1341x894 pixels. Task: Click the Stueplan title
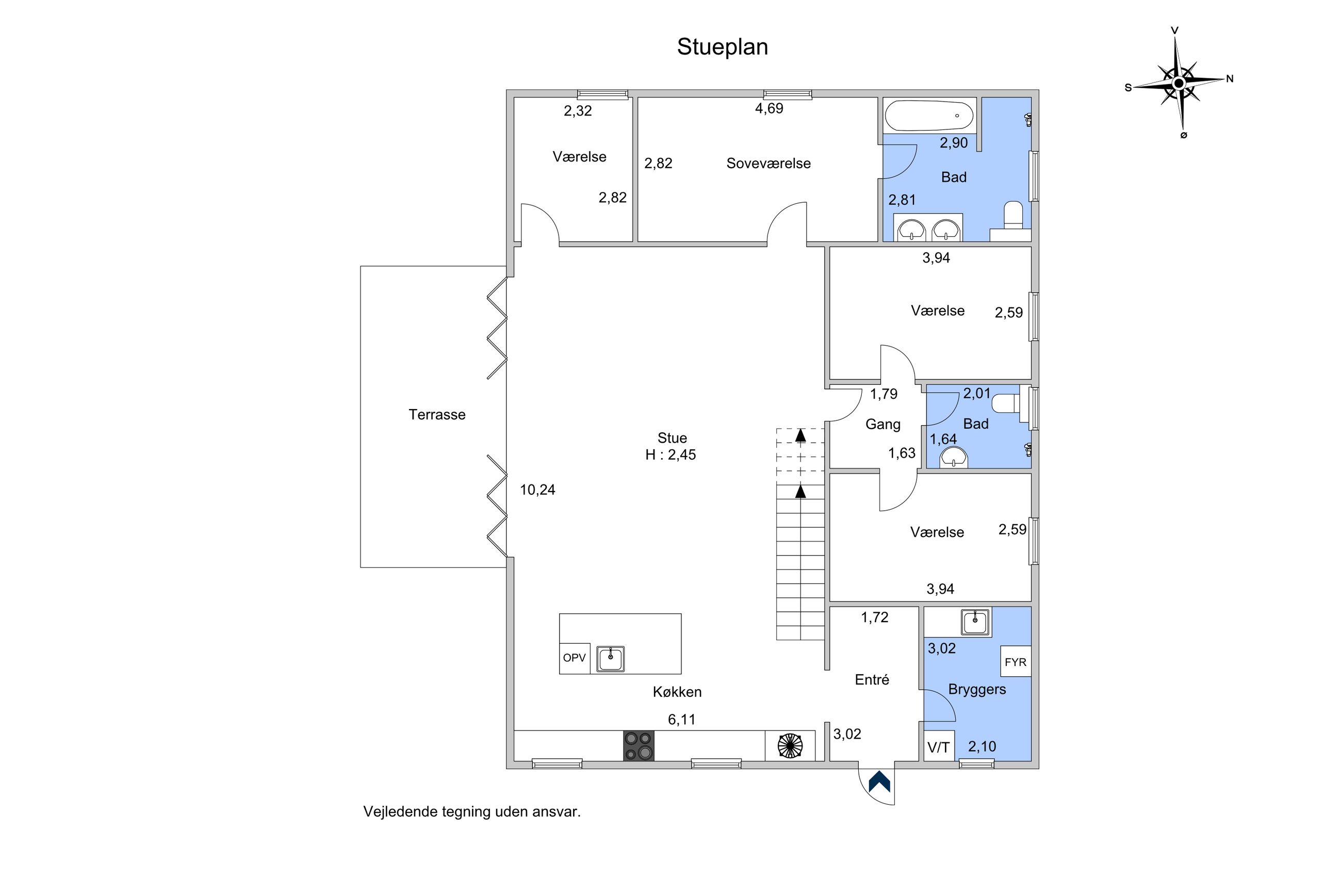click(722, 47)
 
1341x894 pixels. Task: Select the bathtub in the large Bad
click(929, 116)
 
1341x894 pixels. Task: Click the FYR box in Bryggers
click(1016, 661)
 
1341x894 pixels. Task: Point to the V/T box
click(939, 746)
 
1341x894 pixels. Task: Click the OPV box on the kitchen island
click(575, 658)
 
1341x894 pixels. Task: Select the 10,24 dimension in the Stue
click(537, 490)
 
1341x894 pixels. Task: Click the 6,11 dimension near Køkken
click(682, 720)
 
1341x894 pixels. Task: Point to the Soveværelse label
click(768, 164)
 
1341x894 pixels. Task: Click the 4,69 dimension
click(769, 108)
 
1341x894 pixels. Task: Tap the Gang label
click(883, 424)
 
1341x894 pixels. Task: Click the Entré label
click(872, 679)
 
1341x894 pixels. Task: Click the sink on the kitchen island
click(610, 659)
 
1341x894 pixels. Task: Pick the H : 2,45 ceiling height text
click(671, 454)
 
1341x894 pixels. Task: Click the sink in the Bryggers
click(976, 622)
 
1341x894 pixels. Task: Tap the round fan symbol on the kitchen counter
click(790, 746)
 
